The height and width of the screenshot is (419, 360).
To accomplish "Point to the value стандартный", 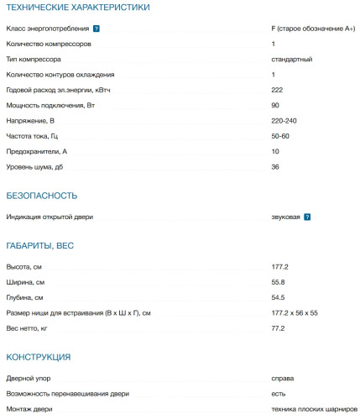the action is click(292, 60).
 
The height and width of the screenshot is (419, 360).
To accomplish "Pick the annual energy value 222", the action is click(278, 90).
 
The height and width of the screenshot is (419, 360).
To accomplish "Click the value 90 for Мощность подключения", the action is click(275, 105).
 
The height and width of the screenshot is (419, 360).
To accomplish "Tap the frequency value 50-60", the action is click(282, 136).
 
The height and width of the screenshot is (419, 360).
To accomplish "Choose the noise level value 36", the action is click(275, 167).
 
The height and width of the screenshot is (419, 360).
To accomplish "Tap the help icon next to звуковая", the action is click(308, 217).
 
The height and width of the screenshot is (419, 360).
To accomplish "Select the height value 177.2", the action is click(280, 266).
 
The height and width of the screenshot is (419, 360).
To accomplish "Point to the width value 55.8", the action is click(279, 282).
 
